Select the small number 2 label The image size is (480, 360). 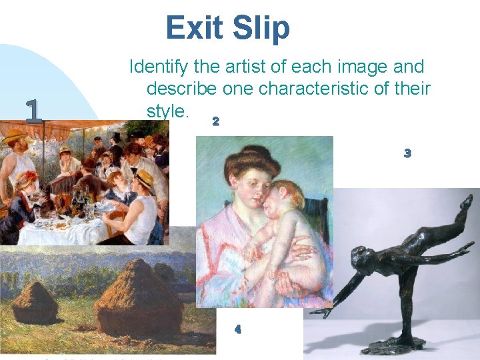215,122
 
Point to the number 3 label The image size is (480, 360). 407,153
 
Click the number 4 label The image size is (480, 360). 238,329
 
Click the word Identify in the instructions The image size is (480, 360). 157,67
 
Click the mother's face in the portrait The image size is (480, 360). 247,190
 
